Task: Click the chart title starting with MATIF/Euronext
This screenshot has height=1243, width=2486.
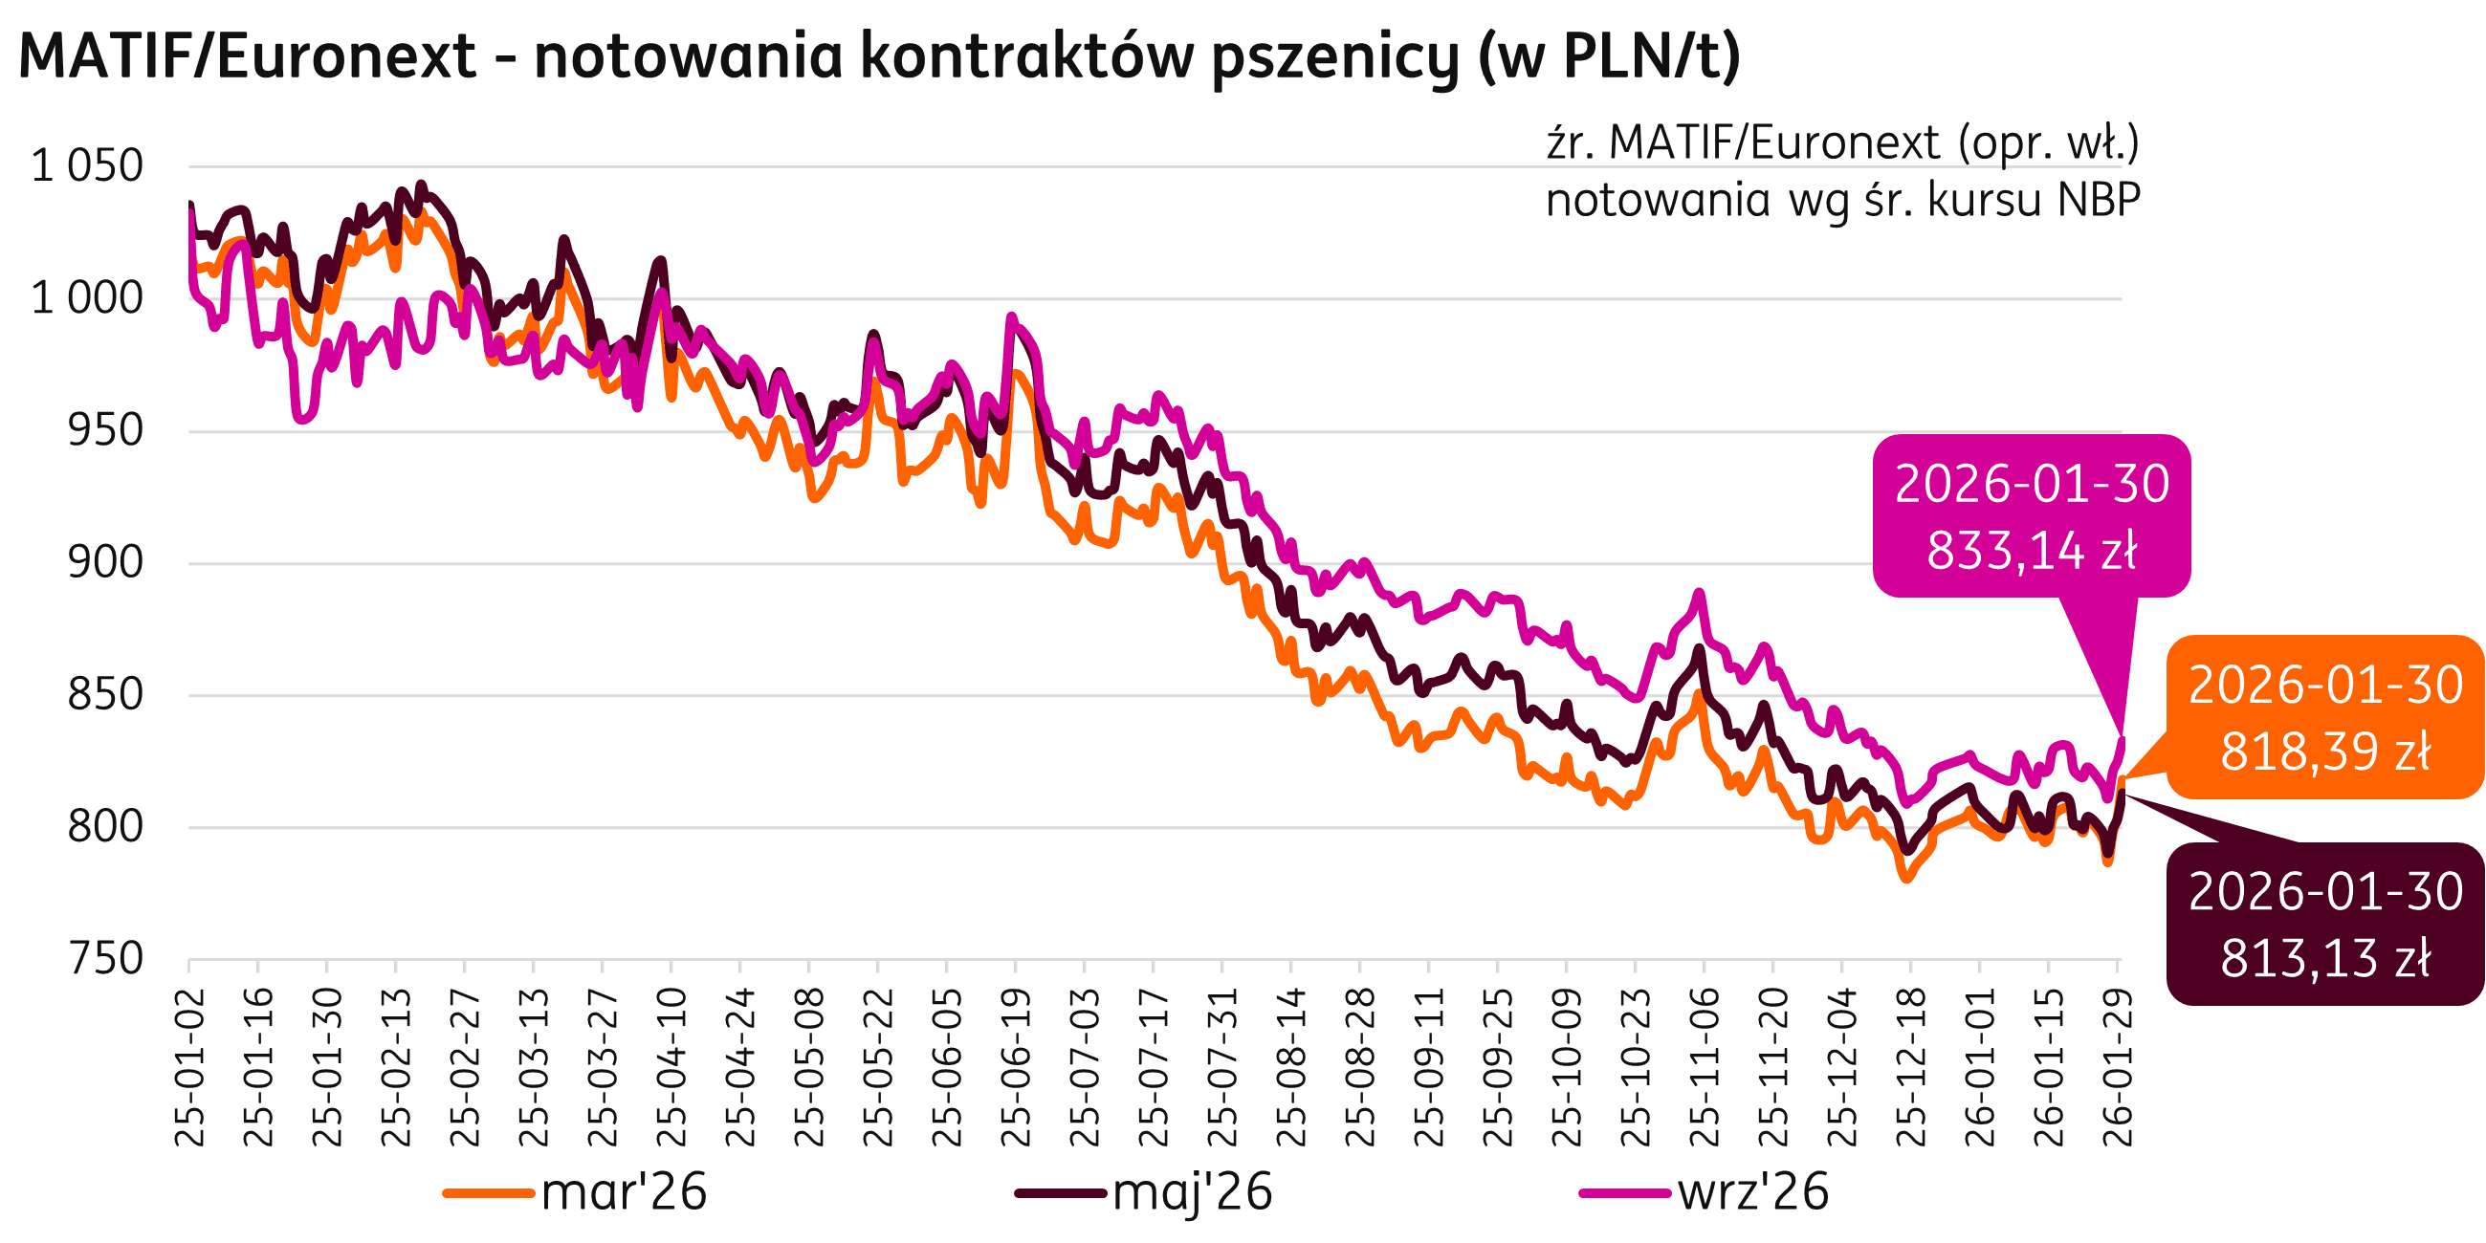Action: pyautogui.click(x=878, y=56)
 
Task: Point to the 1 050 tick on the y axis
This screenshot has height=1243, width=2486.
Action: pyautogui.click(x=88, y=166)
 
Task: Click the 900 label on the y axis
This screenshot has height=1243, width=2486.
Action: pyautogui.click(x=104, y=562)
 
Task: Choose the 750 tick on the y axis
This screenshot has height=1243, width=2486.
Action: pyautogui.click(x=104, y=959)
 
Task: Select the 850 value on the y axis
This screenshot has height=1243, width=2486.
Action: pyautogui.click(x=104, y=695)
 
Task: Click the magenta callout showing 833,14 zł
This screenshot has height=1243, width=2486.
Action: pyautogui.click(x=2032, y=517)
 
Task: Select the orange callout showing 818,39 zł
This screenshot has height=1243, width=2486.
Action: pyautogui.click(x=2326, y=718)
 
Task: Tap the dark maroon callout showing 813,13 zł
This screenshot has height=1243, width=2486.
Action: pyautogui.click(x=2326, y=925)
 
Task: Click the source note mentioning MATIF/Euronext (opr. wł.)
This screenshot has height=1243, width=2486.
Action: pyautogui.click(x=1842, y=143)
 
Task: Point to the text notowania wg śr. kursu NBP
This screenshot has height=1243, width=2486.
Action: pyautogui.click(x=1842, y=200)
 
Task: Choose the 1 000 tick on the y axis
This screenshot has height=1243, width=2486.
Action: pyautogui.click(x=88, y=298)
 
